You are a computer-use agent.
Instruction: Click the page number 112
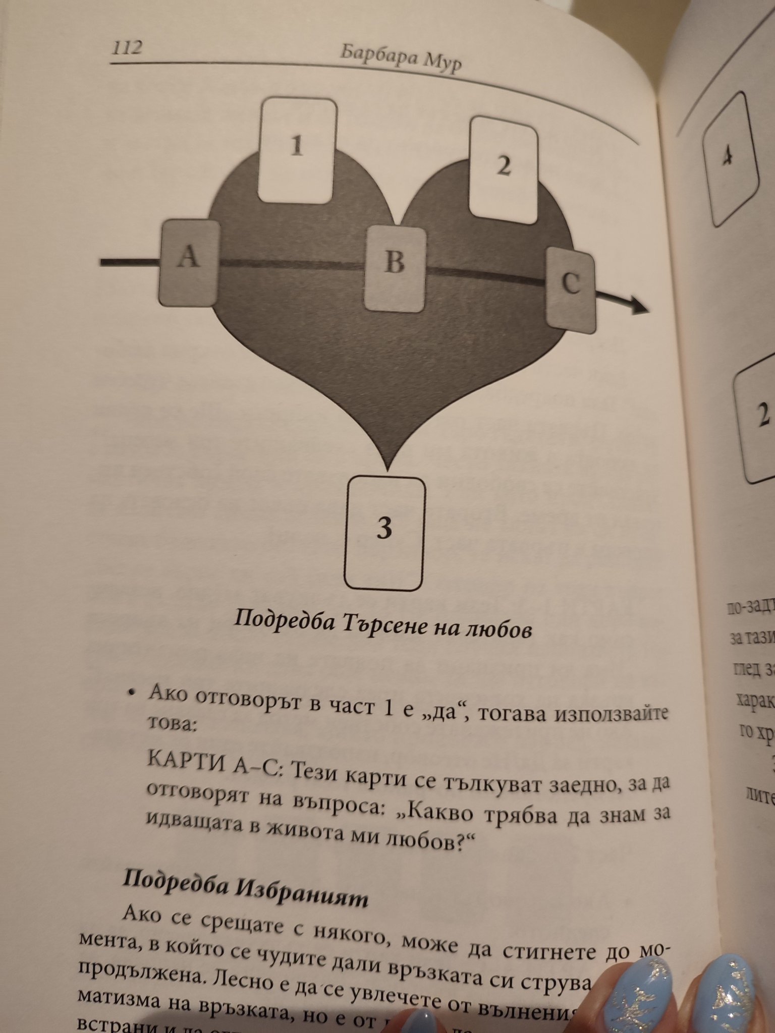[x=126, y=48]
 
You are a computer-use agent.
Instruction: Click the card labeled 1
[x=297, y=150]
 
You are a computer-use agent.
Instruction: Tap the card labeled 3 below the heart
[x=385, y=534]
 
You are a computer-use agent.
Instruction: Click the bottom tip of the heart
[x=387, y=469]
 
